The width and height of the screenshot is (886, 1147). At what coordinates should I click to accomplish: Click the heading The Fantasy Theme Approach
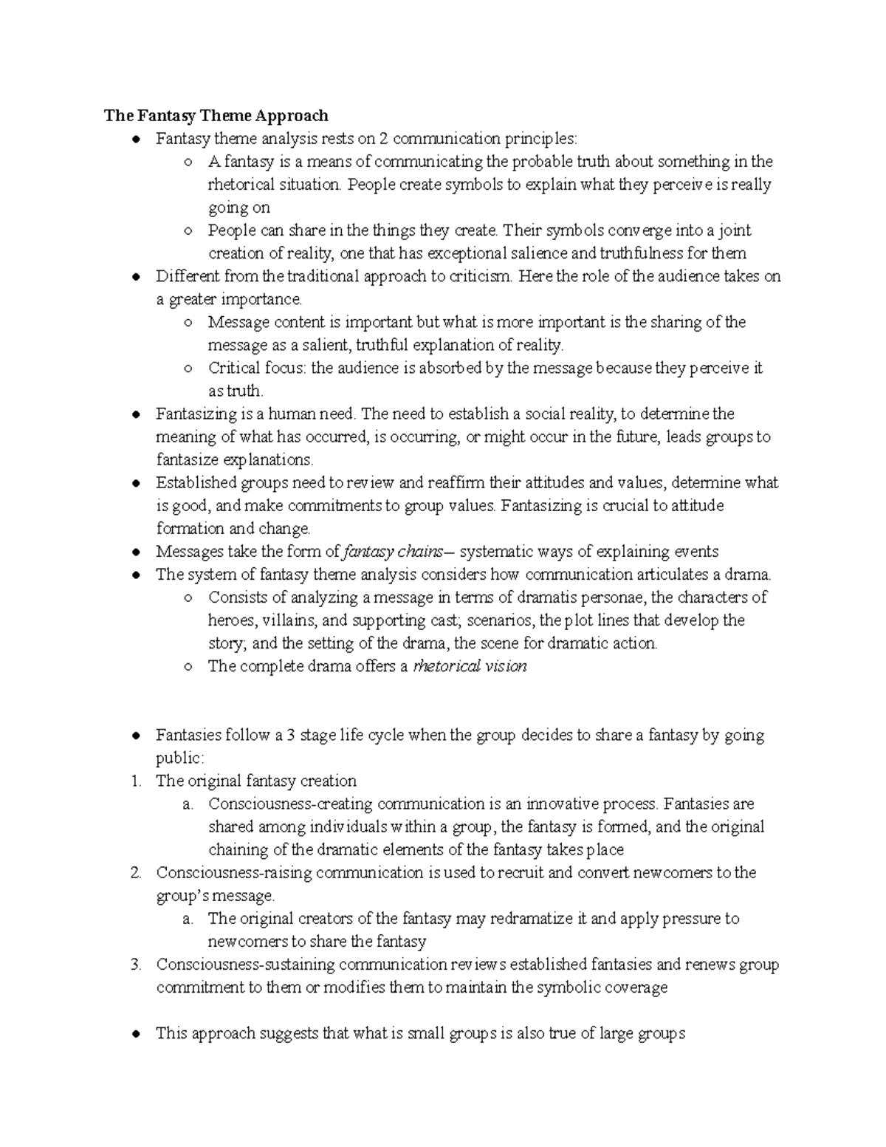[216, 115]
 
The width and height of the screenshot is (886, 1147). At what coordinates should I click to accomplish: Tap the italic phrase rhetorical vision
[470, 666]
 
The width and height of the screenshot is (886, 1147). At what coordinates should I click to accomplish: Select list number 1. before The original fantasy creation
[136, 781]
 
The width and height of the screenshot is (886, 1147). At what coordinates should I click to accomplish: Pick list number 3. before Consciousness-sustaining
[136, 965]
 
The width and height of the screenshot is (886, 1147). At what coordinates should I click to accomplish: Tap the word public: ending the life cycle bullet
[179, 759]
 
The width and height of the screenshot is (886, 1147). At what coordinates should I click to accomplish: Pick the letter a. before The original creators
[188, 919]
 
